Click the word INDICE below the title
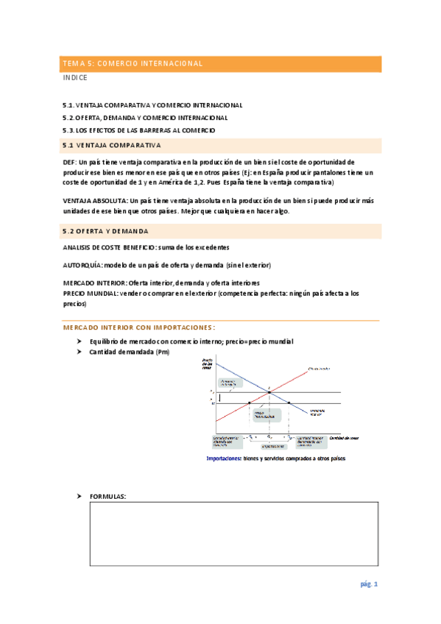pos(75,77)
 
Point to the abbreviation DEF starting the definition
pos(70,162)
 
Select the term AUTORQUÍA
pos(82,264)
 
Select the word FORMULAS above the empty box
pos(107,497)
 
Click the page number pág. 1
pos(369,584)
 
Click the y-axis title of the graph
pos(207,363)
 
